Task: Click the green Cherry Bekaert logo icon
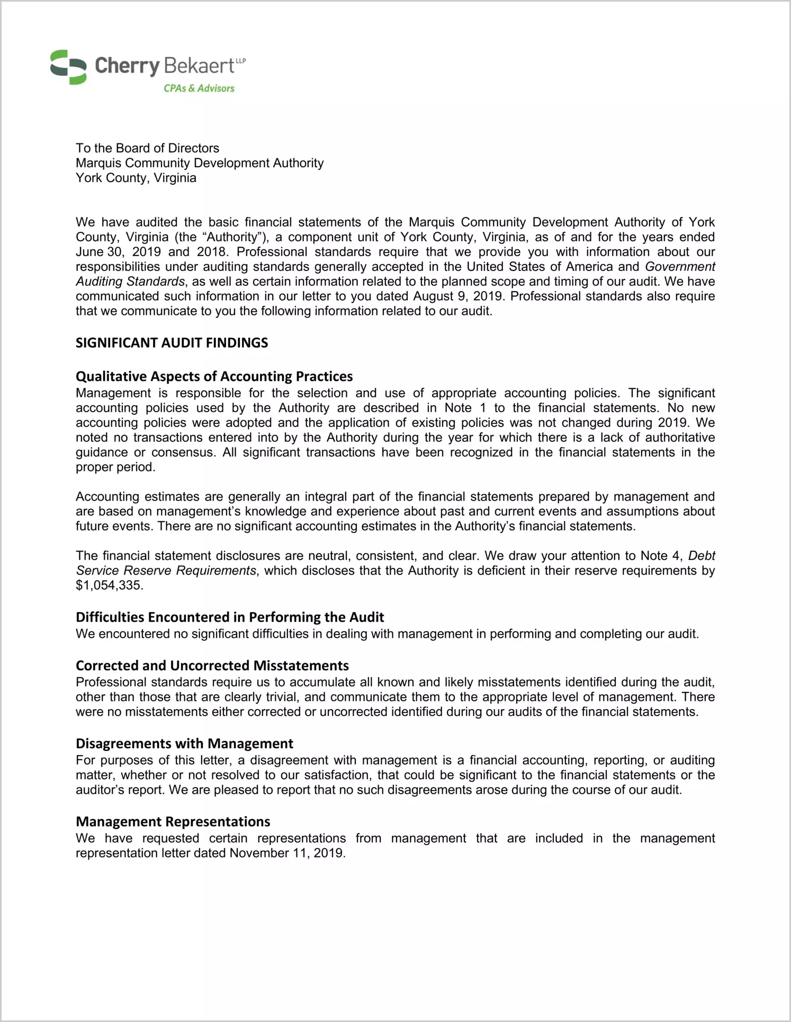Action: pyautogui.click(x=68, y=67)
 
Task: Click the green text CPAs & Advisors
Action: pyautogui.click(x=199, y=88)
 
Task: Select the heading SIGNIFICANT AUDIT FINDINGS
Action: pyautogui.click(x=172, y=343)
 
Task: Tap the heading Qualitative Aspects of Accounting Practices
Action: pyautogui.click(x=214, y=376)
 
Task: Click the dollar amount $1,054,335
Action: pyautogui.click(x=109, y=585)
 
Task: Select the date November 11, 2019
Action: pyautogui.click(x=287, y=853)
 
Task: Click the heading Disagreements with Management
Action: pyautogui.click(x=184, y=744)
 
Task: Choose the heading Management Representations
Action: pyautogui.click(x=173, y=821)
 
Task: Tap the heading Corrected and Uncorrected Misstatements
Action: pyautogui.click(x=212, y=665)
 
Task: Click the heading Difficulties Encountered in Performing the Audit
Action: pyautogui.click(x=230, y=617)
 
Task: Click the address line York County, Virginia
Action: pyautogui.click(x=136, y=178)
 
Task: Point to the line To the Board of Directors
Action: pyautogui.click(x=147, y=148)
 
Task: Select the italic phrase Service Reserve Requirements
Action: pyautogui.click(x=166, y=571)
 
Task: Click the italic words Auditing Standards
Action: pyautogui.click(x=130, y=282)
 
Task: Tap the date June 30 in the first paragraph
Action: pyautogui.click(x=98, y=252)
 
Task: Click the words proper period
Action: pyautogui.click(x=115, y=467)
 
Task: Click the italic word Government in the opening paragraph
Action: pyautogui.click(x=680, y=267)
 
